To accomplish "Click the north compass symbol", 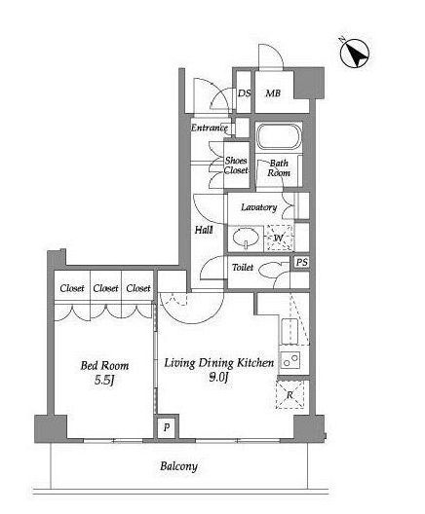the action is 355,54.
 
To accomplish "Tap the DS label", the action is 244,93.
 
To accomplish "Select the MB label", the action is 273,93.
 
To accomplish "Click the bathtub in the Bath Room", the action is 279,135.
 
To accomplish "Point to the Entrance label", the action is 209,128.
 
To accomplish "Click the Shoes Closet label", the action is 236,165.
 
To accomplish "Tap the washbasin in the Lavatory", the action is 246,238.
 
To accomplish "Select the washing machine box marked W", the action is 279,238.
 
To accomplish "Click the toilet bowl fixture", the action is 270,270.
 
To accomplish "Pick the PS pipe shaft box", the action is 301,262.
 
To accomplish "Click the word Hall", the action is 204,230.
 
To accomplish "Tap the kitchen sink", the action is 290,330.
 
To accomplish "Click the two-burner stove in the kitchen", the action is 290,360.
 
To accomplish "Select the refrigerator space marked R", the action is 290,394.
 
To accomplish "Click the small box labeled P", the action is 167,427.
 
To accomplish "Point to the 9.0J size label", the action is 218,378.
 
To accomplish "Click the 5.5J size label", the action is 104,381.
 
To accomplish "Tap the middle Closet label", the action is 105,288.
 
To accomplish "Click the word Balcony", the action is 178,466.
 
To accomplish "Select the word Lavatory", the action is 259,207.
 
